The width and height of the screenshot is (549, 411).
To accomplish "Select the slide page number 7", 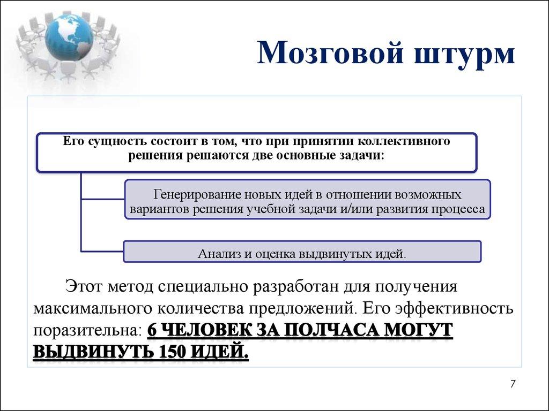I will coord(513,384).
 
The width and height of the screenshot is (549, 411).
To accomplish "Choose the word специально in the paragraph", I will coord(200,285).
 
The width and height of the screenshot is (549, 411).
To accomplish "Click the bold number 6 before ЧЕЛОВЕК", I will coord(152,330).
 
